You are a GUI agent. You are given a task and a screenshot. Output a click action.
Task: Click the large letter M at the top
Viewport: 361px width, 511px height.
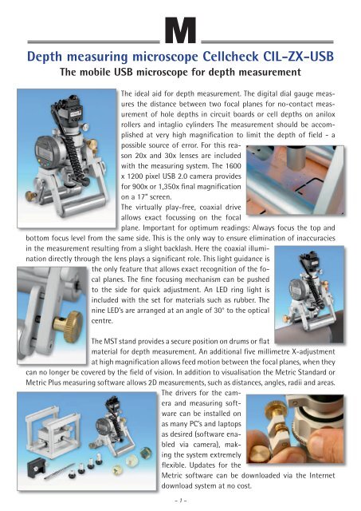coord(181,36)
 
